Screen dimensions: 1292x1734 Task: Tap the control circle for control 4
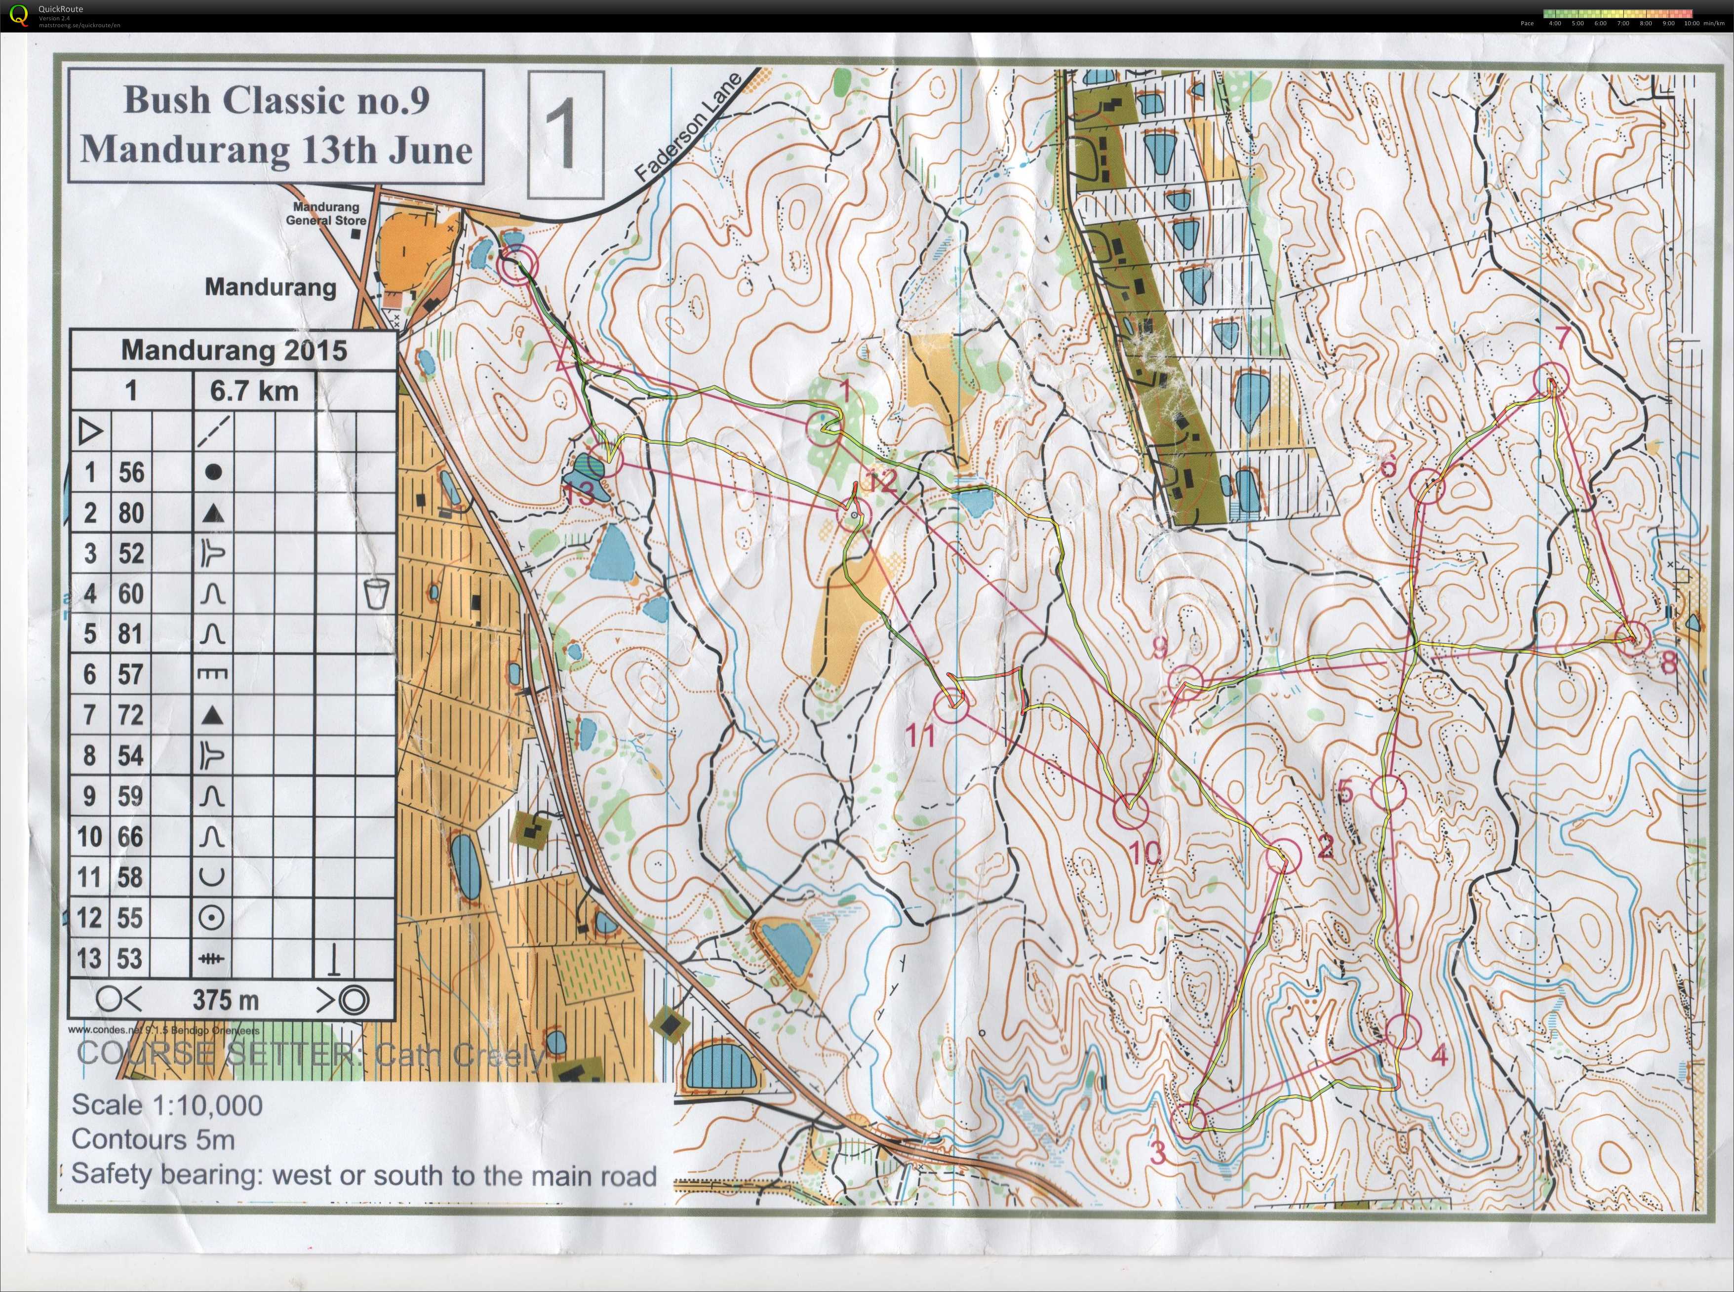click(1402, 1031)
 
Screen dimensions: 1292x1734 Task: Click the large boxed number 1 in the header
click(565, 134)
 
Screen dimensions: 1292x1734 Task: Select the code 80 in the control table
click(131, 512)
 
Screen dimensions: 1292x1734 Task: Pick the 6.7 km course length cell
click(254, 390)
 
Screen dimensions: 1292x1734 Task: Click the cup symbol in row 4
click(376, 593)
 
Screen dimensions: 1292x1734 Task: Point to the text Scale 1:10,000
click(166, 1105)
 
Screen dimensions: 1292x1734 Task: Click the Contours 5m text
click(153, 1139)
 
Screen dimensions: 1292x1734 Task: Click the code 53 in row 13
click(131, 958)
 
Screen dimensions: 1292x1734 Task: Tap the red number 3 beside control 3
click(1158, 1152)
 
